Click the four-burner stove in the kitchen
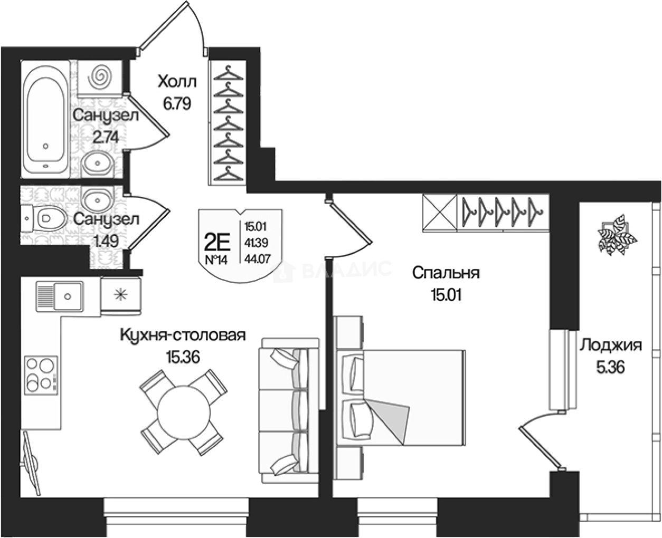tap(42, 373)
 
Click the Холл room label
tap(177, 82)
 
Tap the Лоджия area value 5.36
tap(610, 368)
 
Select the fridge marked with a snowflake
tap(121, 296)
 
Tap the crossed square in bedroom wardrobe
tap(439, 213)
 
